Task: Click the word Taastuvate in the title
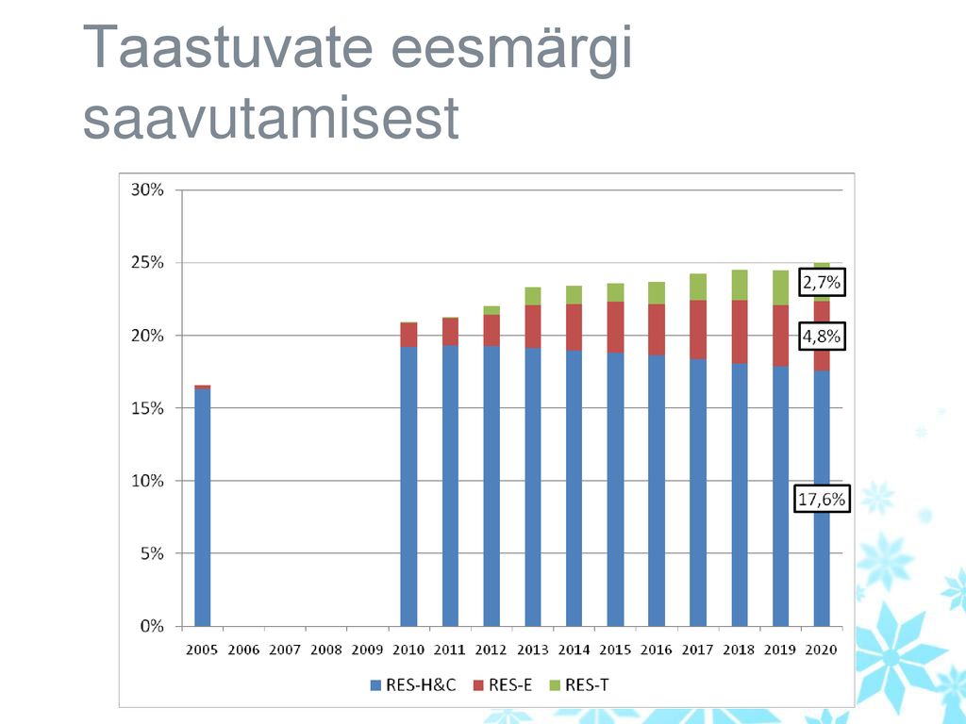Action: [x=227, y=47]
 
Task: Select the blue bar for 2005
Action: [x=202, y=507]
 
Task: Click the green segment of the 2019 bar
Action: [x=780, y=288]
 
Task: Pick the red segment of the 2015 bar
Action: [x=615, y=327]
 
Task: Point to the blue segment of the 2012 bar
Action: [x=491, y=485]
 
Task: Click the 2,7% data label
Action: [x=822, y=282]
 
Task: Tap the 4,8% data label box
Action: [x=822, y=337]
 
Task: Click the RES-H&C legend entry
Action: [x=413, y=685]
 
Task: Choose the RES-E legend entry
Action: [x=502, y=685]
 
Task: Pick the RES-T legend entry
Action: [x=578, y=685]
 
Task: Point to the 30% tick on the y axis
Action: [x=147, y=189]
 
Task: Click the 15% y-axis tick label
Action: [x=147, y=407]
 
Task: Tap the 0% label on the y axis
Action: [x=152, y=626]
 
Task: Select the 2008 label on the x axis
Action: [x=325, y=650]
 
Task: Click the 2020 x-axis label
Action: [x=822, y=650]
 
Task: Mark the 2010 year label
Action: [x=408, y=650]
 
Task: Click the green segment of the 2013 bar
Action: [x=533, y=296]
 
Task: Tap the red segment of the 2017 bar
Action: [x=698, y=329]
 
